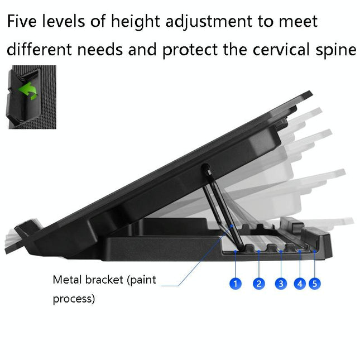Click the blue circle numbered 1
[x=236, y=284]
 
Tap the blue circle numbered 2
[x=258, y=284]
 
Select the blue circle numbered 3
[x=281, y=284]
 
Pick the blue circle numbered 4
[x=300, y=284]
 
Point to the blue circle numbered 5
[x=315, y=284]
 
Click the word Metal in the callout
[x=66, y=280]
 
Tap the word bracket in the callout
[x=103, y=280]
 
